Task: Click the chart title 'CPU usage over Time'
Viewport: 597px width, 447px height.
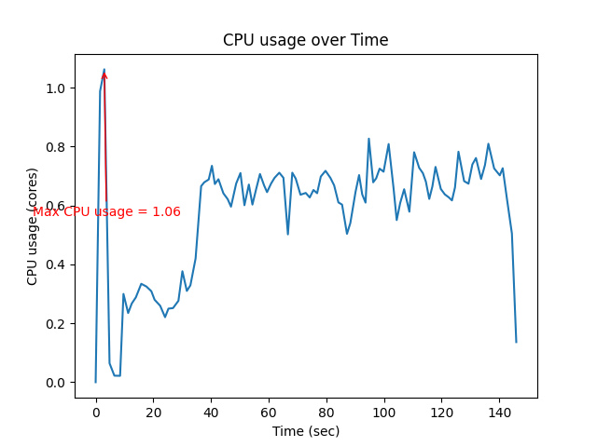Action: pos(305,40)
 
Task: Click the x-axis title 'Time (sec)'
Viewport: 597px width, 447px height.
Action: pos(305,431)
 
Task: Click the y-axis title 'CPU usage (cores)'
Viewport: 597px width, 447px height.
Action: pos(33,226)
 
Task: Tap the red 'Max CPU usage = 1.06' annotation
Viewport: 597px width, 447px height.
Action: pos(106,212)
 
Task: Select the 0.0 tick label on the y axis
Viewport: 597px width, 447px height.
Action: pos(56,383)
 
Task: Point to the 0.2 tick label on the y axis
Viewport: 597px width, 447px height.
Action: pos(56,324)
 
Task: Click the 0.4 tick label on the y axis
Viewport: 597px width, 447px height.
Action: pos(56,264)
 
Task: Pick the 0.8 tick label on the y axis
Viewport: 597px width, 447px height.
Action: pos(56,147)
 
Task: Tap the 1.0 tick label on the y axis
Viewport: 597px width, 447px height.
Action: pos(56,88)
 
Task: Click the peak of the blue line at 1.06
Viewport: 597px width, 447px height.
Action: pos(104,70)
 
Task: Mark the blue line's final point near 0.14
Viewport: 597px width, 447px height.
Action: pos(516,342)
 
